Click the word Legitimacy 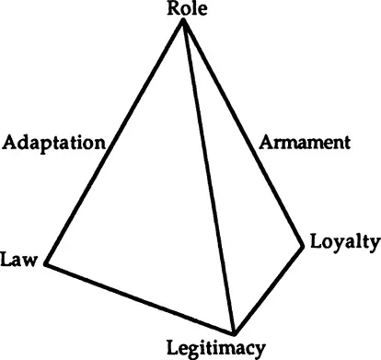pos(217,347)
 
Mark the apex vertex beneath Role pos(183,22)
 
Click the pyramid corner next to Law pos(44,266)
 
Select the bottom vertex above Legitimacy pos(234,333)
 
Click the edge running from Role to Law pos(114,144)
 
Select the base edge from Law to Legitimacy pos(138,299)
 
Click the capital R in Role pos(172,10)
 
